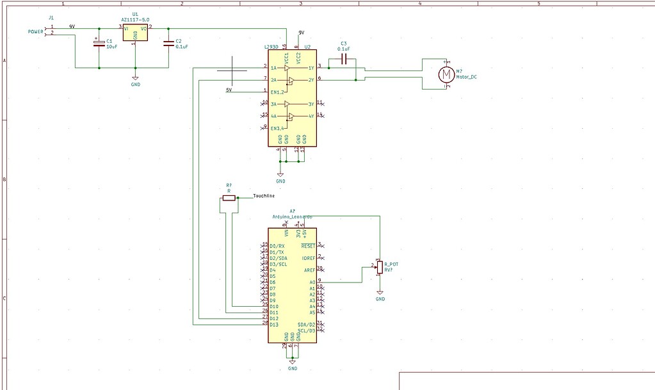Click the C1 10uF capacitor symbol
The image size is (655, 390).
[x=99, y=43]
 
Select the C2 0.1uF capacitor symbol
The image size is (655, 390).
[x=168, y=43]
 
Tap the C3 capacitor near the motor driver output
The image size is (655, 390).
[x=344, y=60]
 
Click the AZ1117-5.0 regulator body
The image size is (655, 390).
[x=135, y=33]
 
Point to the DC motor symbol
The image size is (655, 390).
[x=445, y=74]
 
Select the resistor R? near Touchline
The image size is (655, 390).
[x=229, y=199]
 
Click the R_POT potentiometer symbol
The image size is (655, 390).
[x=380, y=266]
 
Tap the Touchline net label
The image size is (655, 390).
[x=264, y=196]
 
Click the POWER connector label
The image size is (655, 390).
[x=35, y=31]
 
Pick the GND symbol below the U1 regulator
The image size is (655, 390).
[x=135, y=79]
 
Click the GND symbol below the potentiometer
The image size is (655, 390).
[x=380, y=294]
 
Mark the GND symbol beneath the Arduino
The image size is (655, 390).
[x=293, y=363]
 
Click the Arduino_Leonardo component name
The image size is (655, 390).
[x=293, y=217]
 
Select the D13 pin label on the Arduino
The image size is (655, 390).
[x=274, y=325]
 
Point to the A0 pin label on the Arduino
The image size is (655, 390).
[x=312, y=282]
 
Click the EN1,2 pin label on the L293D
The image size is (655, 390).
[x=277, y=92]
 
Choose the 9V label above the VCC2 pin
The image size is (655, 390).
[x=301, y=33]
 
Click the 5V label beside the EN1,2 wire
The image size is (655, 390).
[x=229, y=90]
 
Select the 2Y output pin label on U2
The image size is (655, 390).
[x=311, y=80]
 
